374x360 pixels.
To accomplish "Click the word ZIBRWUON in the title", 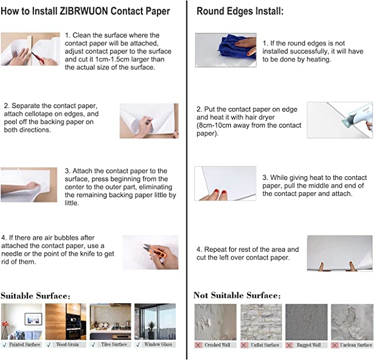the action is [83, 11].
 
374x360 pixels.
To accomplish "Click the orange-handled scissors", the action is [155, 251].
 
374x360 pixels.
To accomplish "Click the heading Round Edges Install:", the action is [240, 11].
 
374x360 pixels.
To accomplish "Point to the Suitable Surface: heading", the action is [36, 296].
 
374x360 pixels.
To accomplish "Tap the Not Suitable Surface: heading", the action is [237, 296].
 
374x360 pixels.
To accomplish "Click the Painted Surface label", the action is [25, 345].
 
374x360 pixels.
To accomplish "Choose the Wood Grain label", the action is [68, 345].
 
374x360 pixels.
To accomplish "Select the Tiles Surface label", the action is [114, 345].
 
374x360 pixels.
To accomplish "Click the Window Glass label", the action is [158, 345].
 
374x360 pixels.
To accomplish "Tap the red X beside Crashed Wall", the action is [198, 345].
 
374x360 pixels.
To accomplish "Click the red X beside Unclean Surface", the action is [335, 345].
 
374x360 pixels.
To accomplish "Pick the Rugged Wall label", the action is [308, 345].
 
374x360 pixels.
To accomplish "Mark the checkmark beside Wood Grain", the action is [49, 345].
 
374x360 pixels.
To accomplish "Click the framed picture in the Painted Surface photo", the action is [34, 319].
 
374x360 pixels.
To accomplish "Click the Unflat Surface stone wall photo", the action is [261, 322].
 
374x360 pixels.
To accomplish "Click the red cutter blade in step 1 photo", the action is [37, 58].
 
